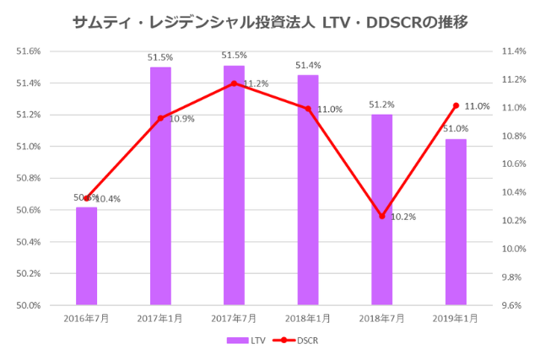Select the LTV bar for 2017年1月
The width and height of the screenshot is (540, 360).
click(160, 185)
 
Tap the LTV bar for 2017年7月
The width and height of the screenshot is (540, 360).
click(234, 185)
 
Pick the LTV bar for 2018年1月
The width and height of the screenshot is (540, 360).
click(308, 190)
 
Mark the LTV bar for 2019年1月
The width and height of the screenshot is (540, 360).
click(456, 222)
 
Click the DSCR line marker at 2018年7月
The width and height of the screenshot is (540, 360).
click(382, 216)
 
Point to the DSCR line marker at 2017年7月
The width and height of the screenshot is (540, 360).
click(234, 83)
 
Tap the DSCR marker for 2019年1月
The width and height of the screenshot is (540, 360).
click(456, 105)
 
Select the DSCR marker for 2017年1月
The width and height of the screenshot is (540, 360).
click(160, 118)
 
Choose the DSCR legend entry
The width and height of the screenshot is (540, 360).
click(296, 341)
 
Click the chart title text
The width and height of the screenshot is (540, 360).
click(270, 20)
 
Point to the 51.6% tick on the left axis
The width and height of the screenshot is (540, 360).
click(30, 51)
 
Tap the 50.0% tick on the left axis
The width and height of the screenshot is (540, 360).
click(30, 305)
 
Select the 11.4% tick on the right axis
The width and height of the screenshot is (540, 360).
click(514, 51)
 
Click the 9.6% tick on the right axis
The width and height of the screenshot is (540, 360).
click(514, 305)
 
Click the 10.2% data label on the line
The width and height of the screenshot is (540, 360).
click(403, 217)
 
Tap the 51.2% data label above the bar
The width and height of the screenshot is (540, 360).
click(381, 105)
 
